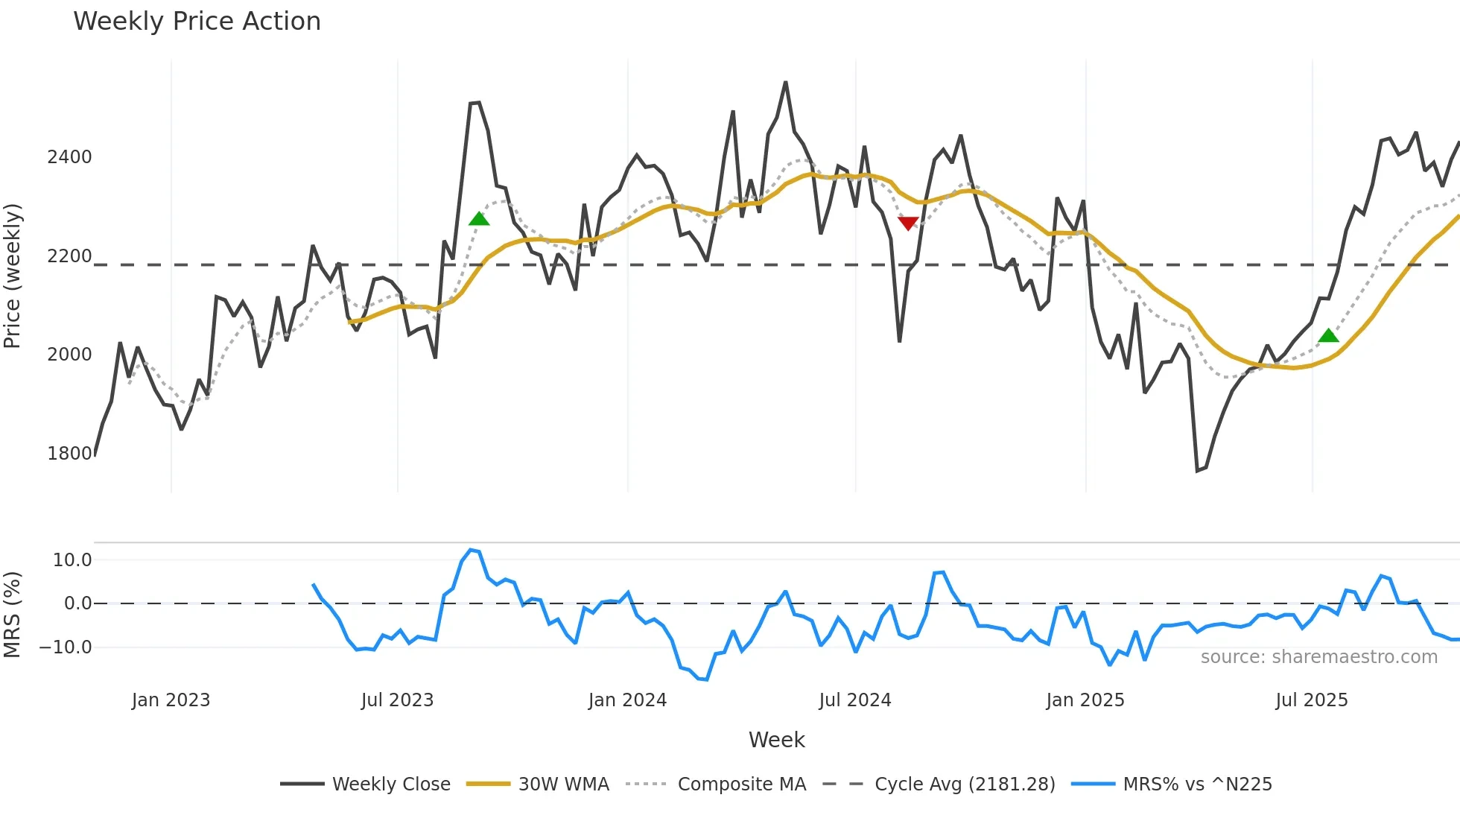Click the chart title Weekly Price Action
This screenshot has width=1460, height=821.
pos(197,22)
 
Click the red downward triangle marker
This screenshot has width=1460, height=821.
pos(908,223)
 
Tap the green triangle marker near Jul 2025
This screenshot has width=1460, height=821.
pos(1328,336)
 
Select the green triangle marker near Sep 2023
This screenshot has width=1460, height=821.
pos(479,218)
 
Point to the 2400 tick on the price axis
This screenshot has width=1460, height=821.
pos(69,157)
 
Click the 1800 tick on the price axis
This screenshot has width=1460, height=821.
pos(69,453)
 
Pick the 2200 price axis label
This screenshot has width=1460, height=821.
pos(69,256)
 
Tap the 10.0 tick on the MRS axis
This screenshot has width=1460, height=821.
pos(72,560)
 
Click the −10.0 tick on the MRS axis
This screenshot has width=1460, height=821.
pos(66,647)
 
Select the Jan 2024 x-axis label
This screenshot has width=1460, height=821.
pos(627,700)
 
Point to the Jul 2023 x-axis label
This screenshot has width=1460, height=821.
pos(397,700)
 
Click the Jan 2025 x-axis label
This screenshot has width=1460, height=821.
pos(1085,700)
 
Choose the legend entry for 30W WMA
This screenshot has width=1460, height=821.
pos(563,784)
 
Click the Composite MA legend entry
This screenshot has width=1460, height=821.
pos(741,784)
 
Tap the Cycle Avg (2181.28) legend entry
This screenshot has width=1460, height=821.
pos(964,784)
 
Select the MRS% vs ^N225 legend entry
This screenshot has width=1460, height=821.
pos(1197,784)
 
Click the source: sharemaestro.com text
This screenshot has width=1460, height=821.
pos(1318,657)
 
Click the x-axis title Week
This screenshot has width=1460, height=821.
pos(776,740)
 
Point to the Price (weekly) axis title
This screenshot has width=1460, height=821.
pos(13,276)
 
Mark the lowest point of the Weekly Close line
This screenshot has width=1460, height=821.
pos(1197,471)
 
